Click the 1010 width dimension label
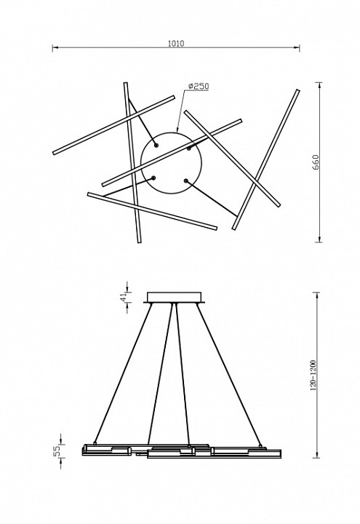(x=176, y=44)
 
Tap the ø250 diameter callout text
(x=199, y=86)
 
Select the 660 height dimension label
(x=316, y=162)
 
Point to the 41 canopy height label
(x=123, y=296)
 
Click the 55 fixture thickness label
(x=57, y=450)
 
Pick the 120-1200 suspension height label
(x=313, y=376)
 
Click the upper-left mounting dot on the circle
(x=156, y=146)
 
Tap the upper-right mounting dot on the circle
(x=188, y=148)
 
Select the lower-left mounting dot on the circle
(x=153, y=178)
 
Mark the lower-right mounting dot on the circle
(x=185, y=180)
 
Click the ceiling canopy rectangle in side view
(x=175, y=298)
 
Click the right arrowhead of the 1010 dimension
(x=296, y=47)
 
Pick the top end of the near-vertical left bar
(x=126, y=83)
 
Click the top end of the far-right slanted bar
(x=297, y=90)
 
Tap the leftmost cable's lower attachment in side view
(x=95, y=443)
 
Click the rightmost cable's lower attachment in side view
(x=260, y=446)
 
